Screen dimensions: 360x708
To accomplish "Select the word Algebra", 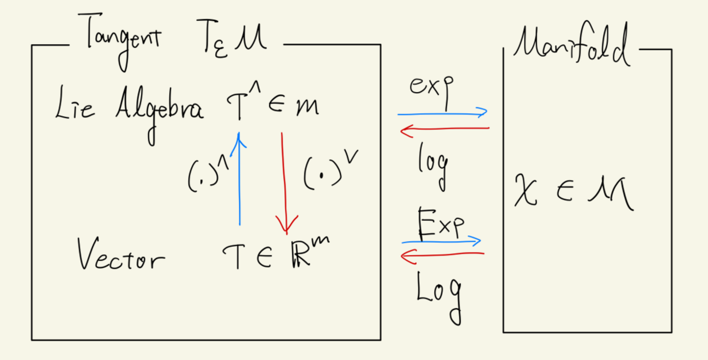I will (158, 109).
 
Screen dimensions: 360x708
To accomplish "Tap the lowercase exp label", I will (431, 90).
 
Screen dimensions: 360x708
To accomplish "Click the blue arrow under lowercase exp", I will (442, 114).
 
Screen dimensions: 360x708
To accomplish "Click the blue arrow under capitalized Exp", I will (441, 241).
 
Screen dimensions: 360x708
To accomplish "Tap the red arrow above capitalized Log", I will (442, 254).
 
